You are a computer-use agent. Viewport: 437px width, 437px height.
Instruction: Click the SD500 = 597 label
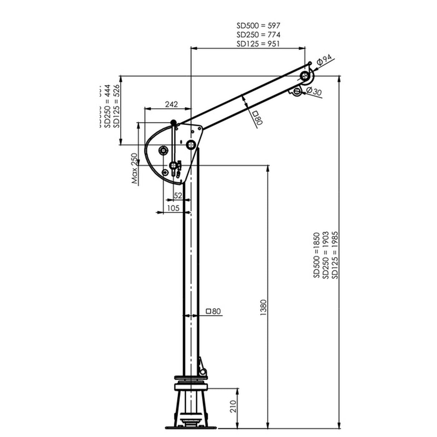click(258, 26)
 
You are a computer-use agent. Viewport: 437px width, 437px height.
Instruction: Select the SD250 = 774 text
click(258, 35)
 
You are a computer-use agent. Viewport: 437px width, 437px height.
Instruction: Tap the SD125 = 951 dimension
click(258, 44)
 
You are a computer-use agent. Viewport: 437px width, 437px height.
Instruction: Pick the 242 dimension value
click(171, 104)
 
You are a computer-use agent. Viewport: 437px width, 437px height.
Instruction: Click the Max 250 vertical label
click(135, 169)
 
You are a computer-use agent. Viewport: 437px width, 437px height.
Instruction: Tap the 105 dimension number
click(174, 208)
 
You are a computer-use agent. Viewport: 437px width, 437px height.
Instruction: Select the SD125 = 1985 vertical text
click(335, 255)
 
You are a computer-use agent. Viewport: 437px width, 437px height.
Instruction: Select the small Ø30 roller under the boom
click(297, 91)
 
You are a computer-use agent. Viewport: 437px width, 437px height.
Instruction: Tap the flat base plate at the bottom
click(192, 428)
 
